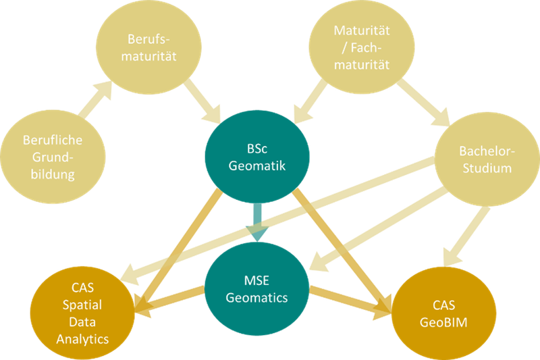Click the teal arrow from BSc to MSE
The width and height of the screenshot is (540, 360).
click(x=256, y=224)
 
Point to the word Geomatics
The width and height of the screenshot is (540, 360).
click(x=256, y=297)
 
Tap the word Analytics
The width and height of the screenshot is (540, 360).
click(x=79, y=340)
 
